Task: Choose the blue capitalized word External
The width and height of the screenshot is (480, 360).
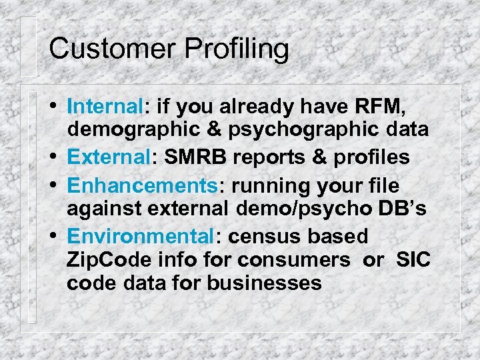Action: click(x=110, y=157)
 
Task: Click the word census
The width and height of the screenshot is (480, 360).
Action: click(x=265, y=236)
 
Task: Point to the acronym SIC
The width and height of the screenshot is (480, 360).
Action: click(x=413, y=259)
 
